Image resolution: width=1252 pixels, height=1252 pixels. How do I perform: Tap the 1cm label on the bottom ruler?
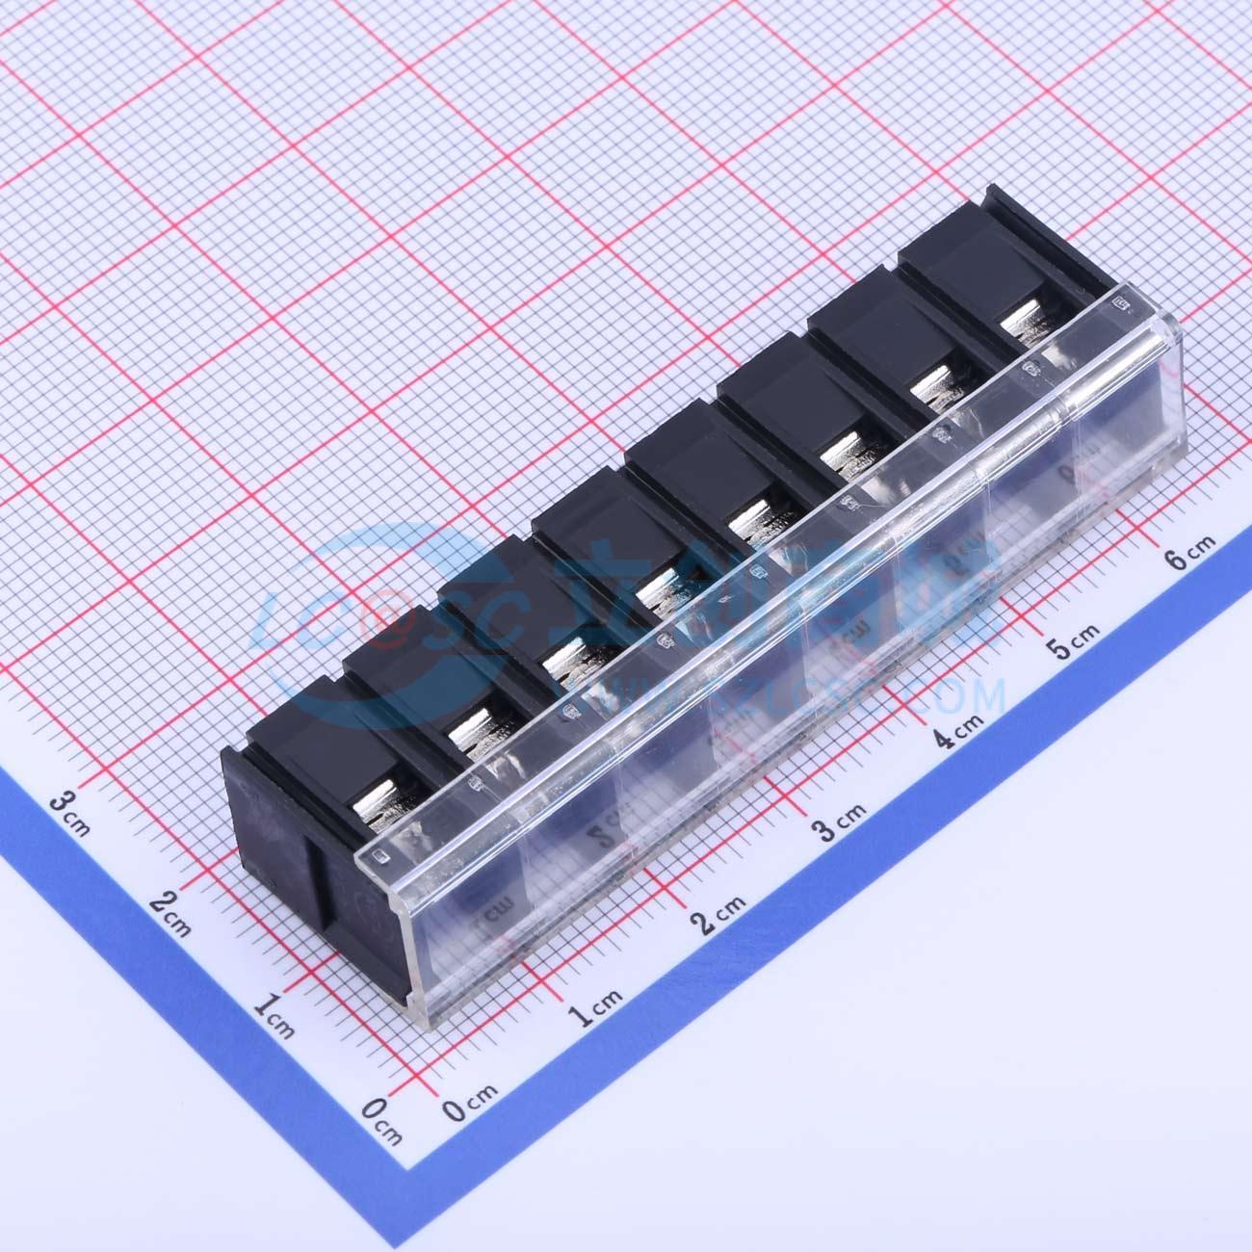tap(595, 1006)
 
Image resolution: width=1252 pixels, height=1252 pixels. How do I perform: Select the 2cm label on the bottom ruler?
tap(718, 915)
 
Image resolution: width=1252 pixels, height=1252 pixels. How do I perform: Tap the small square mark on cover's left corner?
tap(378, 854)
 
